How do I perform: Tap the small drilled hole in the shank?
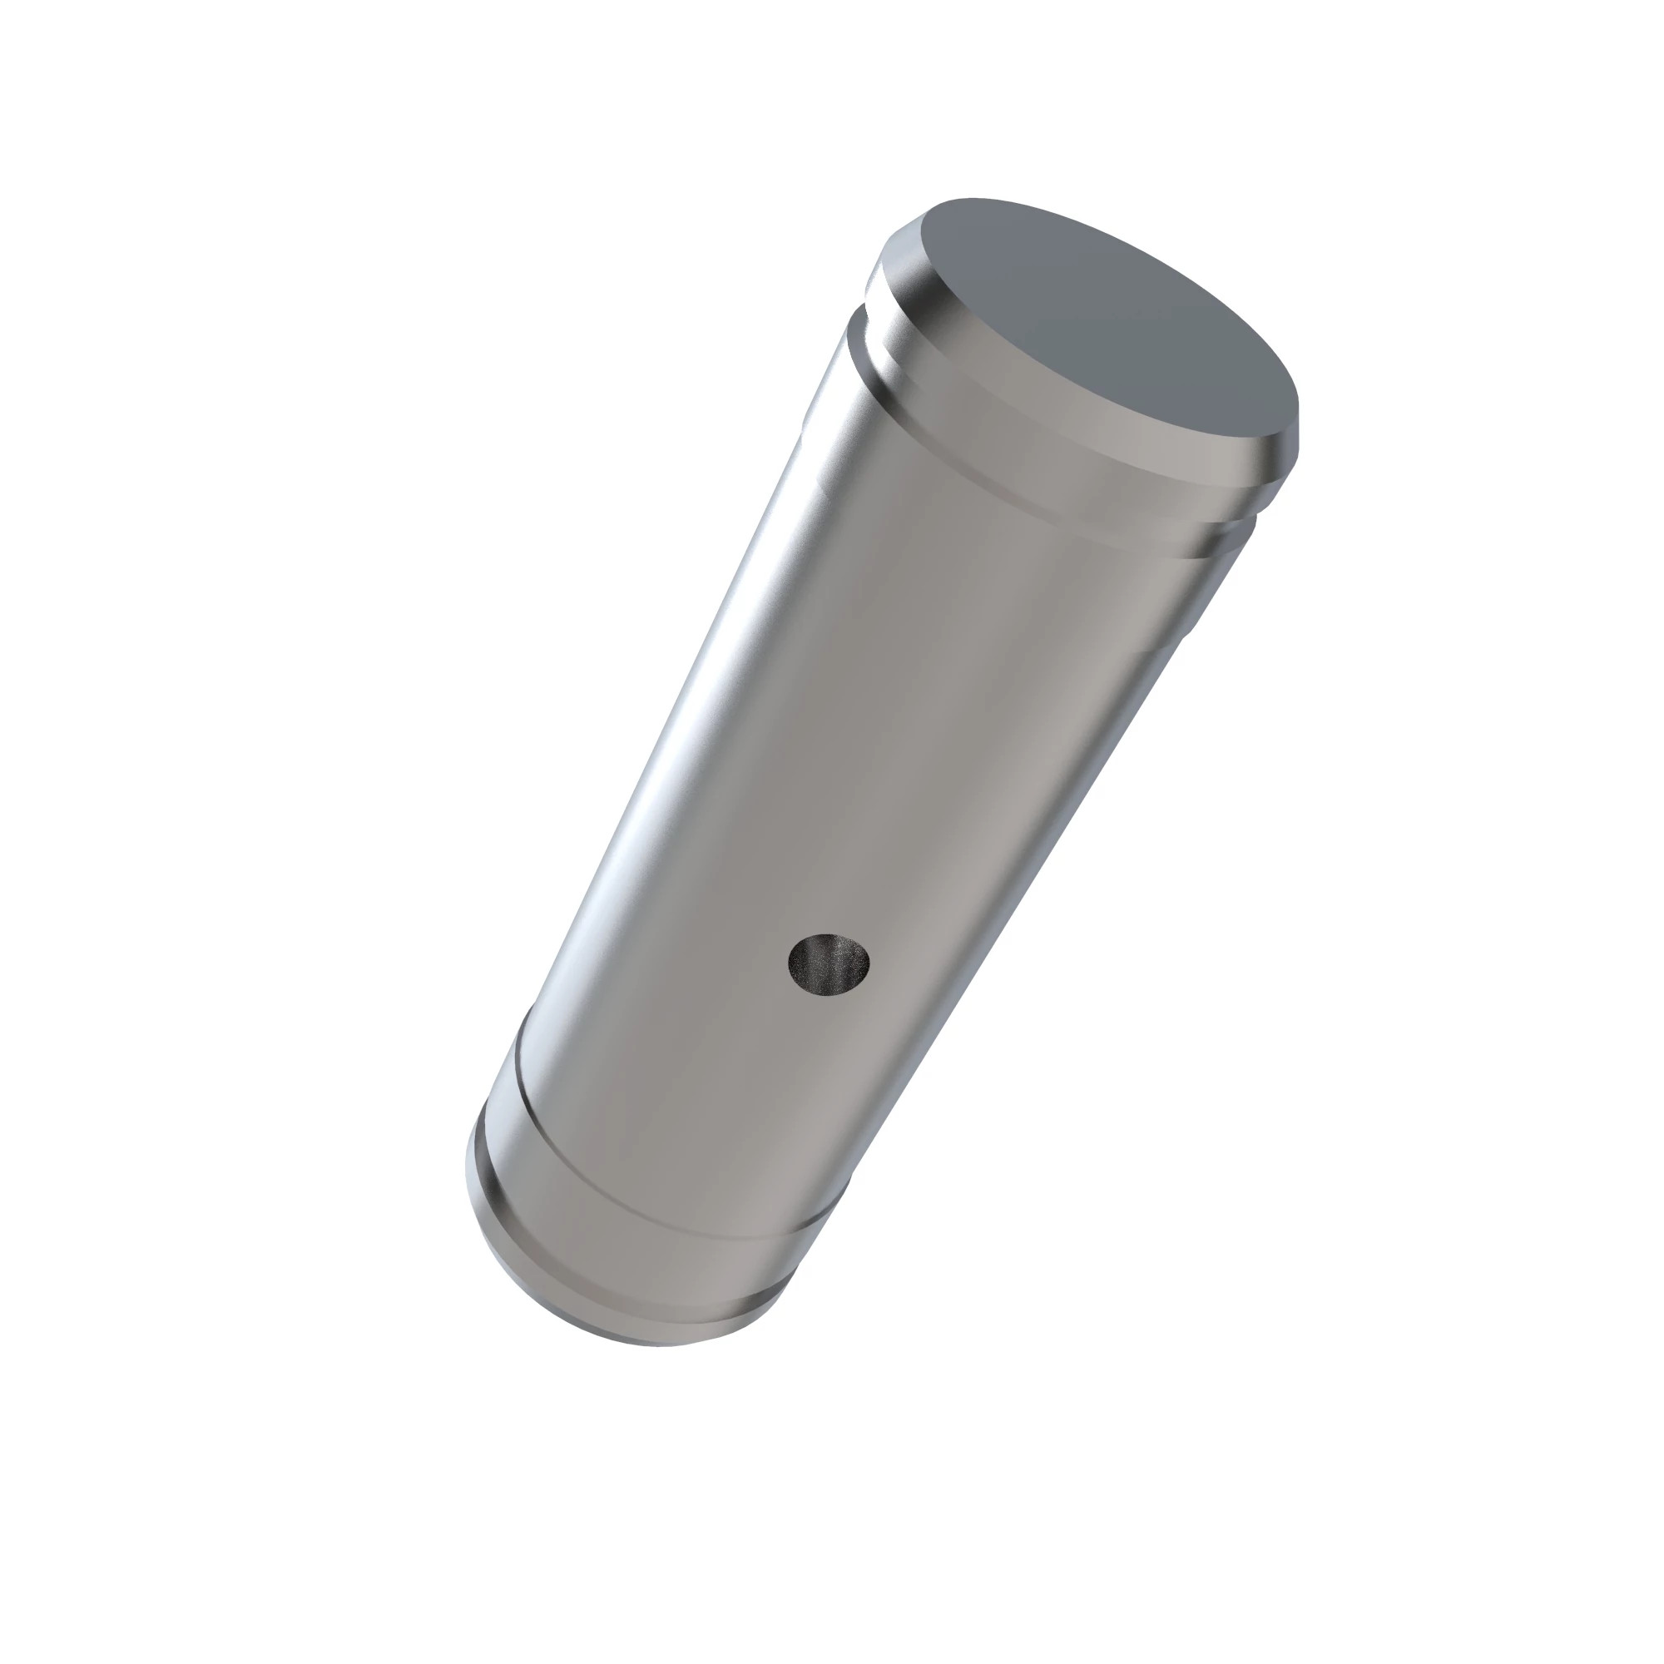pos(830,963)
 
